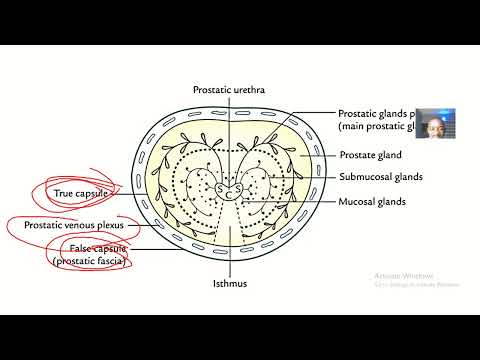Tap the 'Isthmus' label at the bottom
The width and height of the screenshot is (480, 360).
pos(228,283)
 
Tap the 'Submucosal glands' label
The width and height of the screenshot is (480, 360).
pos(381,177)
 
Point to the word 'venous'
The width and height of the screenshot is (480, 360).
pos(85,226)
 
